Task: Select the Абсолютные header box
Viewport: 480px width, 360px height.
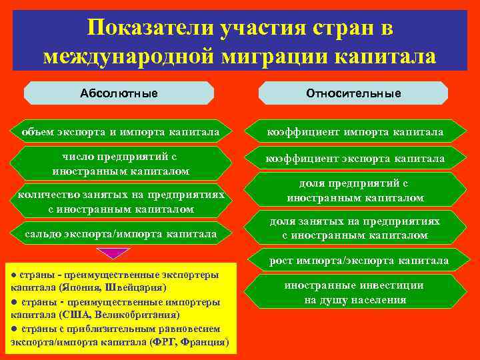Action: pyautogui.click(x=119, y=93)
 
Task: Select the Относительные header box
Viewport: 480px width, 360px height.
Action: pyautogui.click(x=353, y=93)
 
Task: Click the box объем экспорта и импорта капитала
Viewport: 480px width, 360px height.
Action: pyautogui.click(x=119, y=132)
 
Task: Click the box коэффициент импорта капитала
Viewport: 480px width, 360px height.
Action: pyautogui.click(x=355, y=132)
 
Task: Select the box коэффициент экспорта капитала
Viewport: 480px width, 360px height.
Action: pyautogui.click(x=355, y=159)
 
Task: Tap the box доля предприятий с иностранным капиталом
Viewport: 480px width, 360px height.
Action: pyautogui.click(x=355, y=191)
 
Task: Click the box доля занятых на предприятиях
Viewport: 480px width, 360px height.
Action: pyautogui.click(x=355, y=227)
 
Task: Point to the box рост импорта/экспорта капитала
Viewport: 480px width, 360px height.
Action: pyautogui.click(x=359, y=260)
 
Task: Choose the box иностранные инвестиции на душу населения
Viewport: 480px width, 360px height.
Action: pyautogui.click(x=355, y=292)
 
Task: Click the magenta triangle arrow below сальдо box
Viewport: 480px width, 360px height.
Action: pyautogui.click(x=111, y=253)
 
